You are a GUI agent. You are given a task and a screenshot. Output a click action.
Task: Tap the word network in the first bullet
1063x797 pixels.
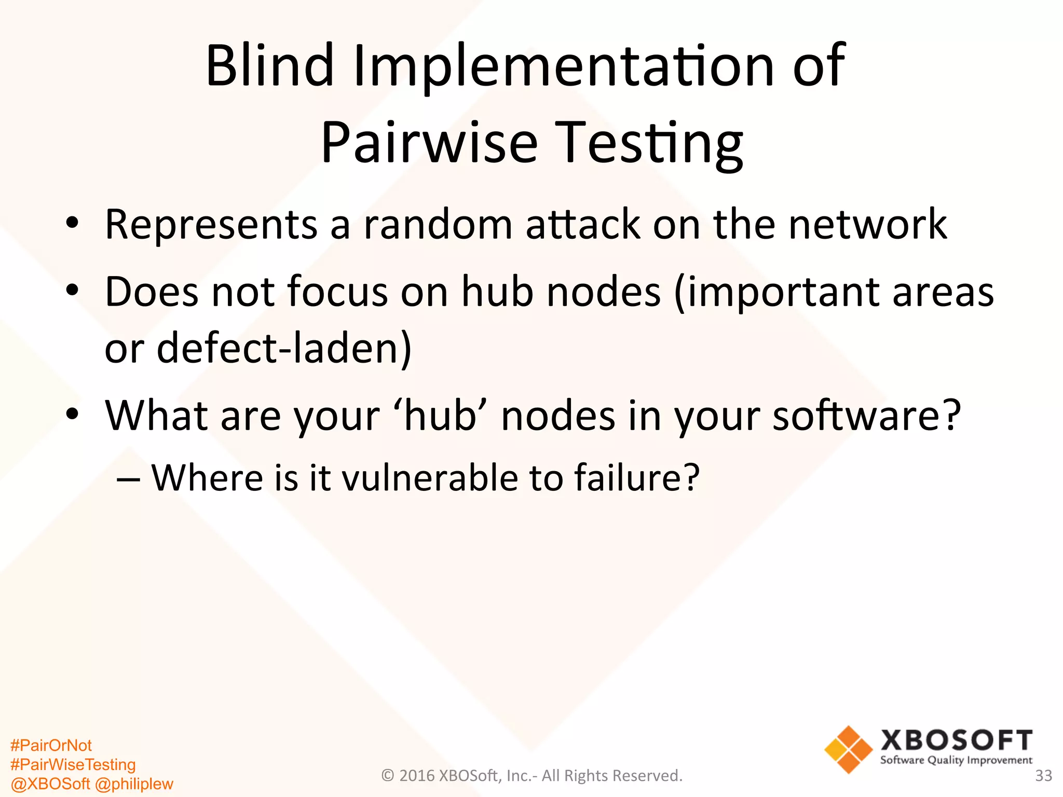tap(867, 225)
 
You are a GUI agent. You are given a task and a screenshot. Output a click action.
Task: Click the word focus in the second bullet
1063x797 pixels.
tap(337, 292)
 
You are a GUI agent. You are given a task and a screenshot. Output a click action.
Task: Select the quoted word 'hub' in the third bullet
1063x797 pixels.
tap(441, 416)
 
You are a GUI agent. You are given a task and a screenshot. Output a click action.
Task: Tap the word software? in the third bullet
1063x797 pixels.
tap(866, 416)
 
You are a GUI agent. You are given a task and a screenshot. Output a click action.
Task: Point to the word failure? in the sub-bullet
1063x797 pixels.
tap(637, 478)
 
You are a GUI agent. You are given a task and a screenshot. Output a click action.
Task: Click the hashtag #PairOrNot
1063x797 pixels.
tap(51, 746)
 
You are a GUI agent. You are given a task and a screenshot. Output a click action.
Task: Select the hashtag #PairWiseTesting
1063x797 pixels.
tap(73, 764)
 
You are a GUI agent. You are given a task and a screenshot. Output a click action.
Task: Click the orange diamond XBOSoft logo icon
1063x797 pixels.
tap(848, 750)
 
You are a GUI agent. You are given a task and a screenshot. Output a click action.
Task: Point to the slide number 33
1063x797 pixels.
tap(1043, 776)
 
